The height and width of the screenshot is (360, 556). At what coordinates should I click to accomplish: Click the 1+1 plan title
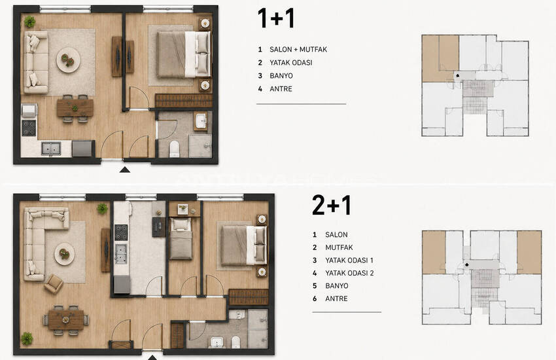276,18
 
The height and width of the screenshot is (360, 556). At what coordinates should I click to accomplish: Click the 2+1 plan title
332,206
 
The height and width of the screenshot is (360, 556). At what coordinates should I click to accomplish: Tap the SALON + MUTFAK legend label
298,49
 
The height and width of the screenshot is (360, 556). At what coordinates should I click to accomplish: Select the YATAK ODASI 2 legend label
349,273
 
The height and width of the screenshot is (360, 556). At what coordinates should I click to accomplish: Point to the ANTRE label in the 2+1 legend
336,298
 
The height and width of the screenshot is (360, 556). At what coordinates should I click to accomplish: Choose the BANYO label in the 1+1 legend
281,75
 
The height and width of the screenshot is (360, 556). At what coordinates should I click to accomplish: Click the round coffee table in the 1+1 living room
68,60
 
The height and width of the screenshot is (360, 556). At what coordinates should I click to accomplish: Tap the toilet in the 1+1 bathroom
174,149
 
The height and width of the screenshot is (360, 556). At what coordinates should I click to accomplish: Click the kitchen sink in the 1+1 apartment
51,149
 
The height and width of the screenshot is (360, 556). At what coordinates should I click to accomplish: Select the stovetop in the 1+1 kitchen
29,128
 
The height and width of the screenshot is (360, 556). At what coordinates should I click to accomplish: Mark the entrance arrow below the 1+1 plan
125,170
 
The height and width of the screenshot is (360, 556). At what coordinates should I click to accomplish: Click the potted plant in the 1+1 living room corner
30,22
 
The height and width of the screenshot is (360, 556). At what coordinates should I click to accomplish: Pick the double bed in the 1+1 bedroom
184,54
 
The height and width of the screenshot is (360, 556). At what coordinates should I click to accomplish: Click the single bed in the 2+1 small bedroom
181,238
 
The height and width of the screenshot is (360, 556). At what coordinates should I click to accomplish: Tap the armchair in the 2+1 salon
54,283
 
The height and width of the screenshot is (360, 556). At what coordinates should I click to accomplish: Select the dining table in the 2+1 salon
65,319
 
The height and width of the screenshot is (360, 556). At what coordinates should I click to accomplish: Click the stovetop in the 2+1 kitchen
121,232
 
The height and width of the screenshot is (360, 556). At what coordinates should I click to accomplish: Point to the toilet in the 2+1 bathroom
235,342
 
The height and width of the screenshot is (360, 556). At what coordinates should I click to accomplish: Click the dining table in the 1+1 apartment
75,108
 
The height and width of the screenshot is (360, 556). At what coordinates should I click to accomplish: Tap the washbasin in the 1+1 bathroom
201,121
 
